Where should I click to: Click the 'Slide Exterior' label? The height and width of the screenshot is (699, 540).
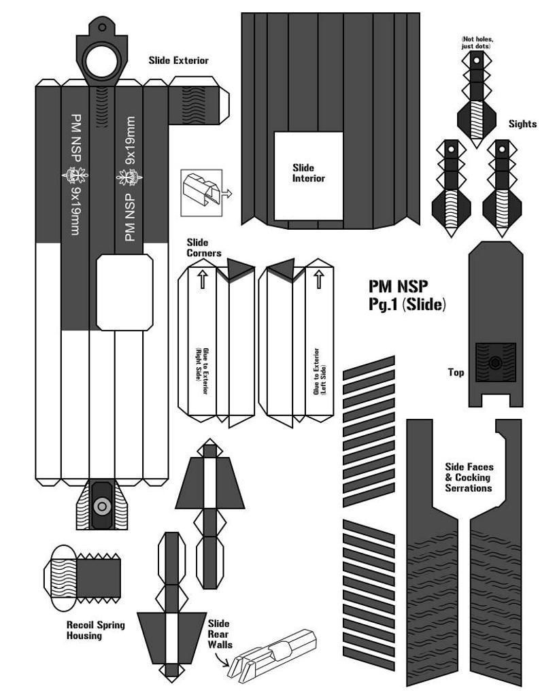(178, 61)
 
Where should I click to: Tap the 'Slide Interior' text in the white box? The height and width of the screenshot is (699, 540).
(308, 173)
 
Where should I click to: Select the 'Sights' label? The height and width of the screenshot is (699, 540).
(522, 124)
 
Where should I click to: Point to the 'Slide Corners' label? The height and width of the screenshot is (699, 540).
(204, 248)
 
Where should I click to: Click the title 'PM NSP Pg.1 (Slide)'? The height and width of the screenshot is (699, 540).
(407, 295)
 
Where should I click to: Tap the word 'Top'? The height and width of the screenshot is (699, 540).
(456, 373)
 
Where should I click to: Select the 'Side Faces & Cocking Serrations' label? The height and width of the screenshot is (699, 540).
(469, 477)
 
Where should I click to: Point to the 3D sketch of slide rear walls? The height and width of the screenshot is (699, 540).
(273, 657)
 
